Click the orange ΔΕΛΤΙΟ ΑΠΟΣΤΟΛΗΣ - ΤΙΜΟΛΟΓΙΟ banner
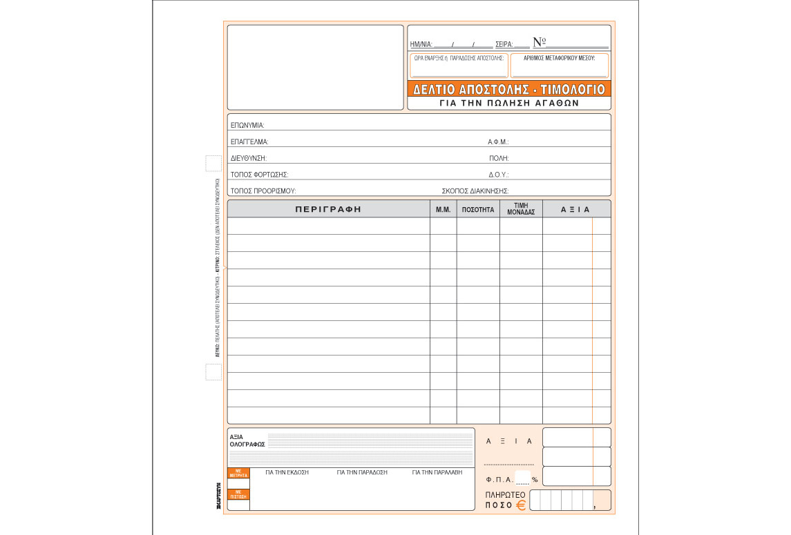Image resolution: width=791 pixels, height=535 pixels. click(509, 89)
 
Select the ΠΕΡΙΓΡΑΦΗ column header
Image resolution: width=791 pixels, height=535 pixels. click(328, 209)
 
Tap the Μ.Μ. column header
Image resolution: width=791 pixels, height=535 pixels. click(443, 209)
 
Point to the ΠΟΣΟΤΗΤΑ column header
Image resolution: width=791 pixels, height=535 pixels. click(478, 209)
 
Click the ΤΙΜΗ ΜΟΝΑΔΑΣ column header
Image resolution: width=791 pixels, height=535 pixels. click(521, 209)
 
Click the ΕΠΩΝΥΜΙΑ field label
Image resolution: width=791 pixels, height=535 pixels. click(247, 126)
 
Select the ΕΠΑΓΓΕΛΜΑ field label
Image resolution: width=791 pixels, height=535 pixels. click(249, 142)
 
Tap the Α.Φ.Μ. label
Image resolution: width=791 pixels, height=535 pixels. click(498, 142)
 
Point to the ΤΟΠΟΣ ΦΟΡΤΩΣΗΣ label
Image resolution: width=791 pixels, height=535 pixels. click(259, 175)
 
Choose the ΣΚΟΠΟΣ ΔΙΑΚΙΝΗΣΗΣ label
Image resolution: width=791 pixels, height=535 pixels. click(475, 191)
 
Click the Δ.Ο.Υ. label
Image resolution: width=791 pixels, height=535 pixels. click(498, 175)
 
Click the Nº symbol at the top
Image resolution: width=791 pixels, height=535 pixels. click(540, 42)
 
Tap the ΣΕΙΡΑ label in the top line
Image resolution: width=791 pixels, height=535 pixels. click(504, 44)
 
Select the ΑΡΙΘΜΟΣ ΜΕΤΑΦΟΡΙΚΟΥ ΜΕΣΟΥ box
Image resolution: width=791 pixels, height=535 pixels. click(560, 66)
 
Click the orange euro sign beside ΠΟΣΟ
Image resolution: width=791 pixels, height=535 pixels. click(520, 505)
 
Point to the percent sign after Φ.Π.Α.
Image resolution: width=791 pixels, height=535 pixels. click(535, 479)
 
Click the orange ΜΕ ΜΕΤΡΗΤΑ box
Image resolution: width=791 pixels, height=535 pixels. click(238, 474)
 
